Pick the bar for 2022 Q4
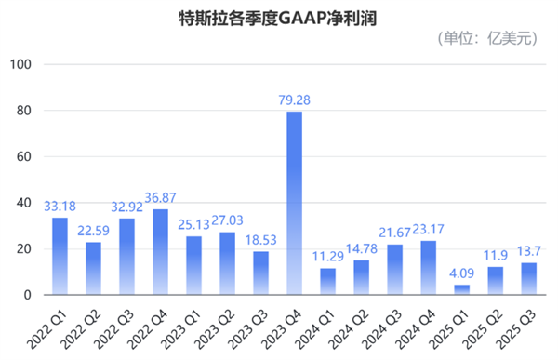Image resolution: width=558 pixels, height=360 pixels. pyautogui.click(x=159, y=252)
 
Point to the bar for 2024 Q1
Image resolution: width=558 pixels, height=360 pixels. pyautogui.click(x=326, y=282)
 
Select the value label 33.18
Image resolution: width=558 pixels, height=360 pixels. pyautogui.click(x=59, y=204)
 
